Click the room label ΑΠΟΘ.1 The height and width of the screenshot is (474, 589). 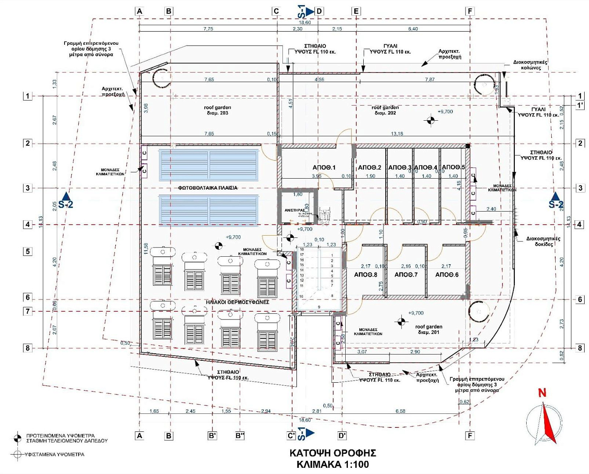point(324,168)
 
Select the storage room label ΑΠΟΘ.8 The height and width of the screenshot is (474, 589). point(365,275)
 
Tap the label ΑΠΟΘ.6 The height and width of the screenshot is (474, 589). point(447,275)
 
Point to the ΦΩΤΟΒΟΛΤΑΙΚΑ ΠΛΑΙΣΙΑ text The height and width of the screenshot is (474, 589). point(208,188)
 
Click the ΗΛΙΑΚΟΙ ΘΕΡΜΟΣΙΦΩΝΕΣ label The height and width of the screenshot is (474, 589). point(237,302)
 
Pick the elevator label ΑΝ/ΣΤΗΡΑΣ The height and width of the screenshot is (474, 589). point(294,210)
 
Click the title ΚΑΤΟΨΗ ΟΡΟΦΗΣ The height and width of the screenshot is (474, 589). point(332,453)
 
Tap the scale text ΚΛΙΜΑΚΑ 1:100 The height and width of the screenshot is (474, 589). point(332,464)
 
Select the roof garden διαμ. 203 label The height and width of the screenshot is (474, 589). point(217,110)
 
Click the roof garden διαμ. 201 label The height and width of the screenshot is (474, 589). point(429,330)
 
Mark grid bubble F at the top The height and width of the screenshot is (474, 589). point(470,11)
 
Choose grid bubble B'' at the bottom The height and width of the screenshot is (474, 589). point(240,436)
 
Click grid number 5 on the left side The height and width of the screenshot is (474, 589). point(28,251)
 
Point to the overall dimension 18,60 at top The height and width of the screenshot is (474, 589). point(305,22)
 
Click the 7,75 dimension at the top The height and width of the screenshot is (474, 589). point(208,29)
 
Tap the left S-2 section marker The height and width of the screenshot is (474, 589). point(66,201)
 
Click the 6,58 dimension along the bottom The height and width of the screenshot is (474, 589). point(400,411)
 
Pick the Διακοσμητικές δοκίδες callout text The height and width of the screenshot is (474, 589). point(543,241)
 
